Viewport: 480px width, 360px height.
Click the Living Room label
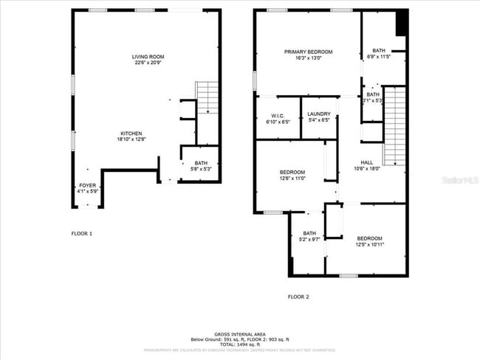coord(148,57)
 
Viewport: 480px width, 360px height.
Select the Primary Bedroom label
coord(308,52)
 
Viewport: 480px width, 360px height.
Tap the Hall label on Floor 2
coord(367,162)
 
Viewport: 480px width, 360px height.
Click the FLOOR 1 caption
coord(81,233)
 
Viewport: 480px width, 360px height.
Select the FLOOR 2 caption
coord(298,297)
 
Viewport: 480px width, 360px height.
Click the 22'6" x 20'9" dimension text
coord(148,63)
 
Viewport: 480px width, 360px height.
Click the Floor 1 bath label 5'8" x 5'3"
coord(201,166)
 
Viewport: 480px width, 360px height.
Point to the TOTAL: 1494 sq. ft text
coord(240,344)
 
